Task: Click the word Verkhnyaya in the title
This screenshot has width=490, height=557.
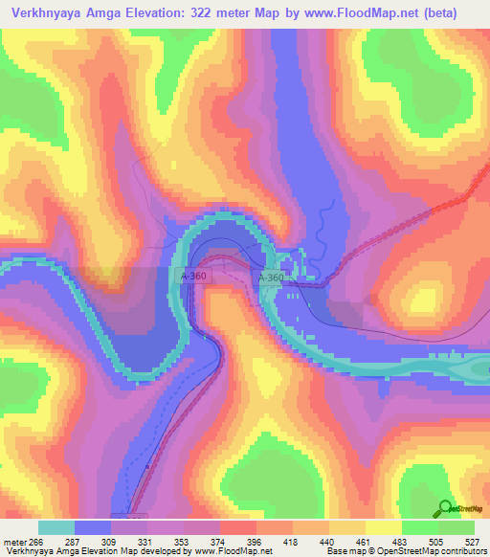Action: coord(45,13)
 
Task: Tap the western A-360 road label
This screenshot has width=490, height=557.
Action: coord(193,275)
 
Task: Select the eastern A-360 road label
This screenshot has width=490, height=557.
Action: coord(270,278)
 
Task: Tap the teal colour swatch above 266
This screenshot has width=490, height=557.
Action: coord(56,527)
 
